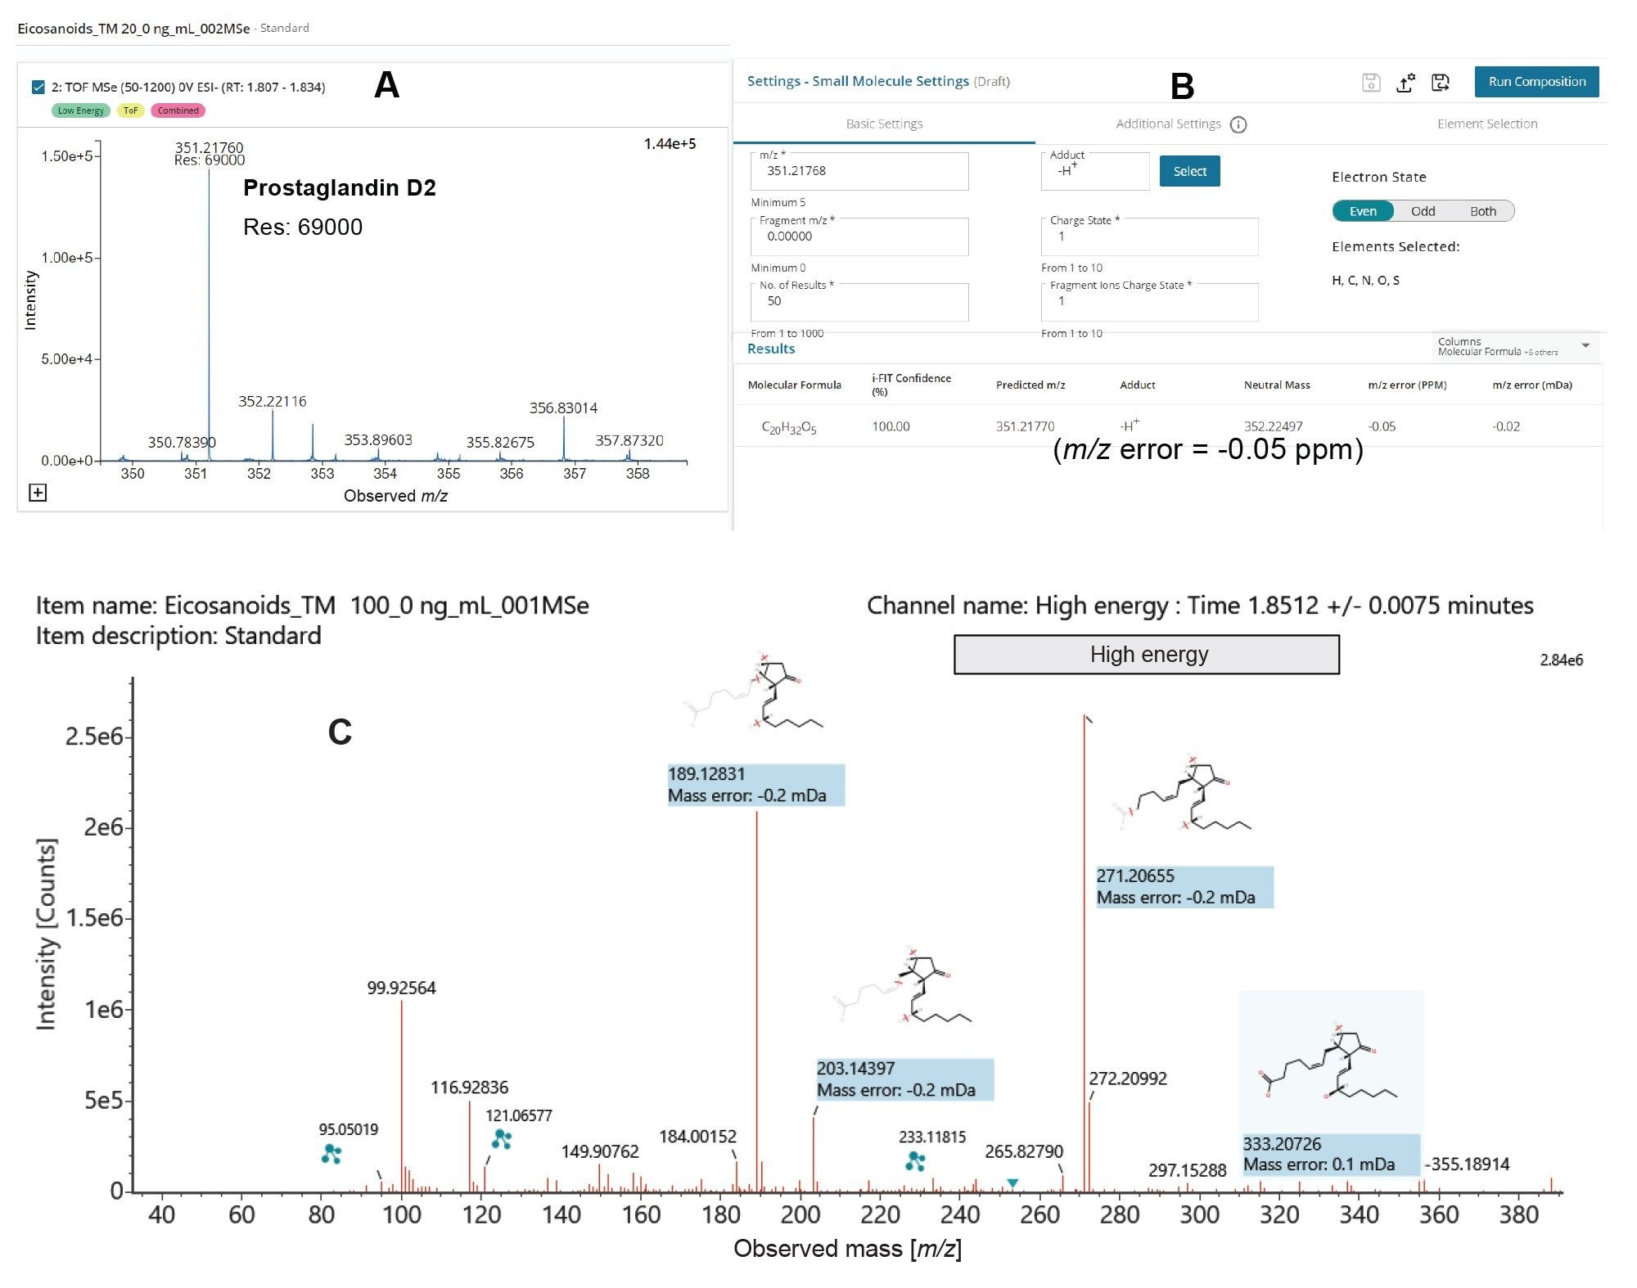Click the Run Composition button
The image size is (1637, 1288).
[1536, 82]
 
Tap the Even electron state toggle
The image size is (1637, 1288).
[1363, 211]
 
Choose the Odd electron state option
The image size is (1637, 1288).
[1423, 211]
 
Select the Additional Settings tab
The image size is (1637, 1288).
[1169, 124]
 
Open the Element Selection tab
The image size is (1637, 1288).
[1486, 124]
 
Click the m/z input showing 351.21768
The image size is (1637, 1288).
[859, 171]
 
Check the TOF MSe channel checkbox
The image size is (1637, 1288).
[38, 87]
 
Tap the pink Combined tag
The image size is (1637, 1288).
[178, 110]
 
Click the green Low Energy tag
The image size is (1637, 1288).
[80, 110]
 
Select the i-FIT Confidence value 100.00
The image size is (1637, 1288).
[891, 426]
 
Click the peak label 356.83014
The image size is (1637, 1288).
[563, 408]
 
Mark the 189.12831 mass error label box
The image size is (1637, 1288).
[755, 784]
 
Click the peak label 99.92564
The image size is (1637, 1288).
[401, 988]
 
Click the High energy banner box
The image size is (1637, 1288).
[1147, 655]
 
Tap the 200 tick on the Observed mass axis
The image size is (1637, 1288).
[800, 1214]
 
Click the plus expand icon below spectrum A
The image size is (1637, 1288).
[38, 493]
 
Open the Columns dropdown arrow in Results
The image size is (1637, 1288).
[1585, 346]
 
